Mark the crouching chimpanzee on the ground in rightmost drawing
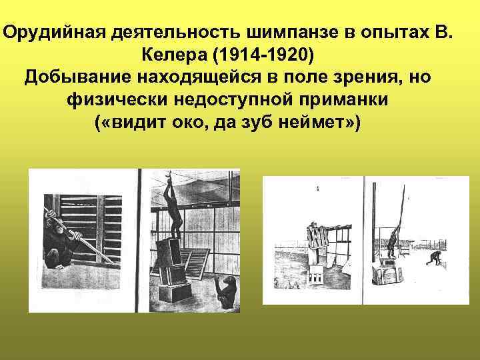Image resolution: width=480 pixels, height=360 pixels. (437, 257)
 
